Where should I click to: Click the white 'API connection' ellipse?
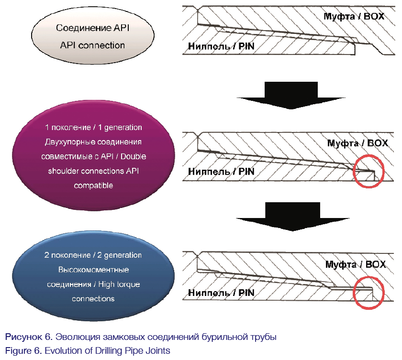(93, 36)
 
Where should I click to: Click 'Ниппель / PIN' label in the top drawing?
(221, 46)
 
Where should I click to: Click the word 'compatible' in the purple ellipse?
(93, 185)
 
